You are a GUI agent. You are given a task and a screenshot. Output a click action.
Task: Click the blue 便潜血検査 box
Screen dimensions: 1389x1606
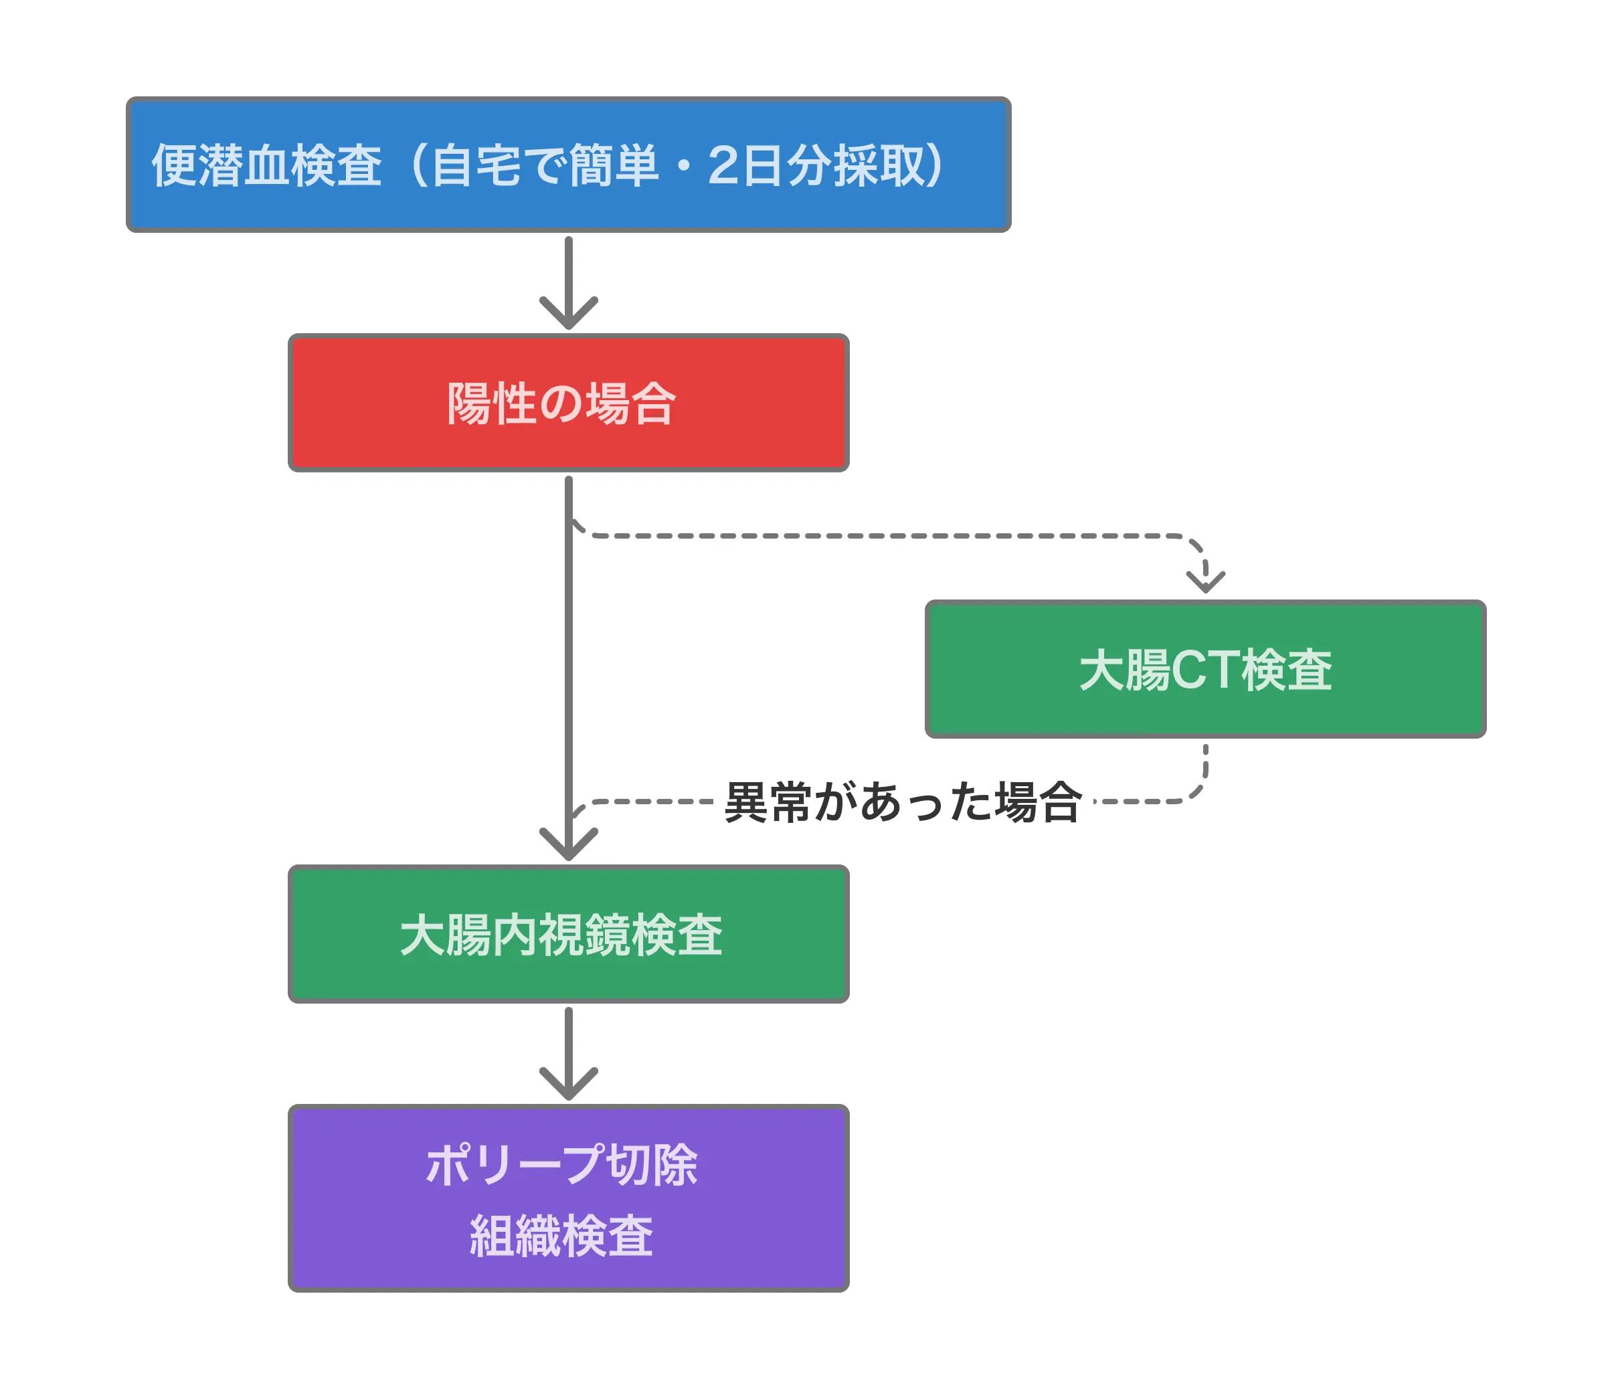(568, 165)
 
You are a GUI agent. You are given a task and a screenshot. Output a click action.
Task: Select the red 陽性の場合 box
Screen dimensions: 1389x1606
(568, 403)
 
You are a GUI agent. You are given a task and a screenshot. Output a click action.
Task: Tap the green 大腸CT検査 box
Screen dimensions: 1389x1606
(1205, 669)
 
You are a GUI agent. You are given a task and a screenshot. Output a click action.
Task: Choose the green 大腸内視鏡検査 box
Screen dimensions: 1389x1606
(568, 935)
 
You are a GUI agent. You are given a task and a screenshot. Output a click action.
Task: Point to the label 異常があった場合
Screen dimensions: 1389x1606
(903, 802)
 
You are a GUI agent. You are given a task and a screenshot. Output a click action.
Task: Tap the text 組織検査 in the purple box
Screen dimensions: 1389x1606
(562, 1236)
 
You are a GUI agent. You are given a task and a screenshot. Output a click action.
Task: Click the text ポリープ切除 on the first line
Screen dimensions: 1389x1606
(562, 1165)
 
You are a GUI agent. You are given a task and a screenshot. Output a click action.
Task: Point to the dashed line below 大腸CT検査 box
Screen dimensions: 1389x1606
(1205, 767)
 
